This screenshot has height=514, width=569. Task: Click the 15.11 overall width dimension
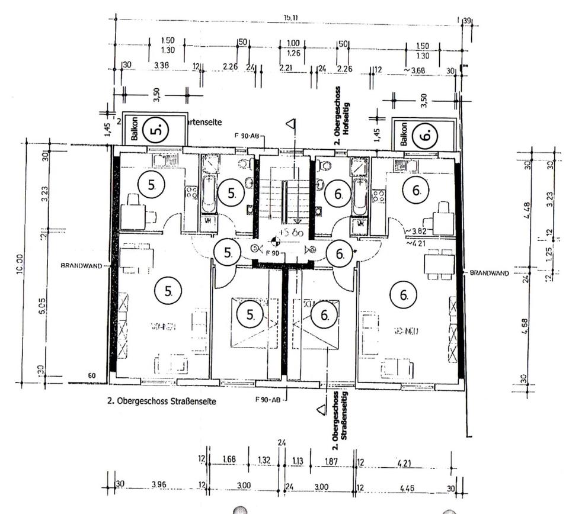coord(290,17)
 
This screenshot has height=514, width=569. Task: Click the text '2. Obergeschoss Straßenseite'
coord(161,401)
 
